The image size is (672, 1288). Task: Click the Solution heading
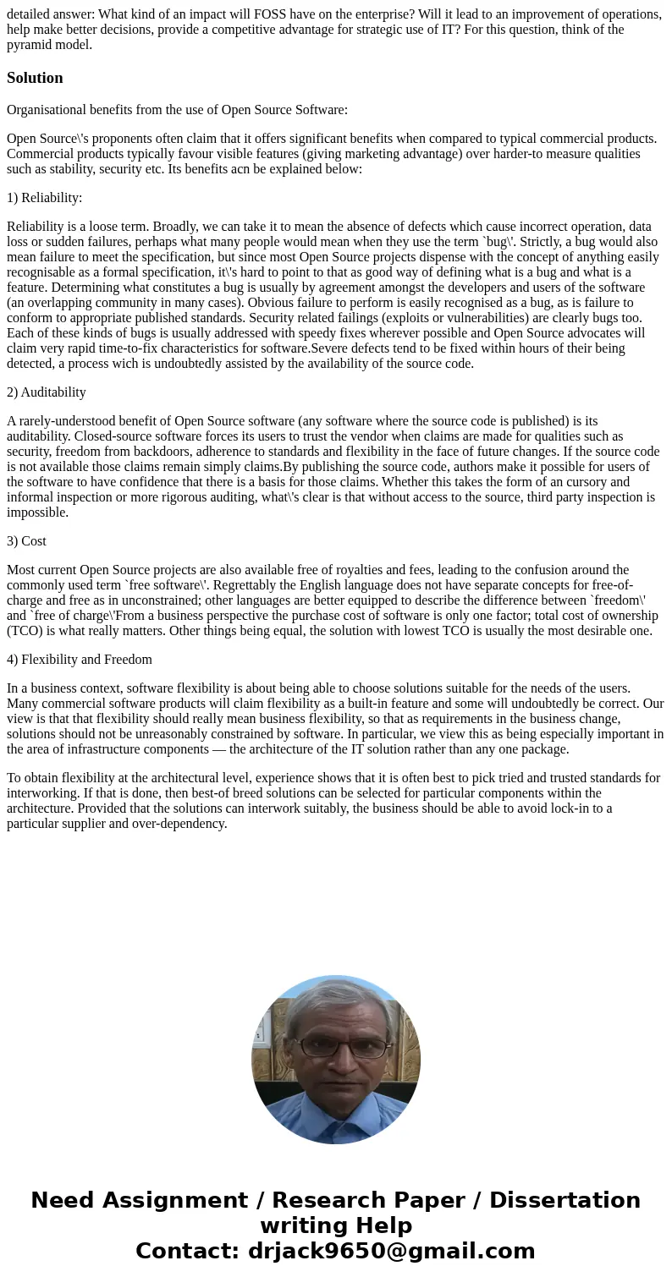pyautogui.click(x=35, y=78)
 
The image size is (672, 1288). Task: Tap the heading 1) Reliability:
pyautogui.click(x=44, y=198)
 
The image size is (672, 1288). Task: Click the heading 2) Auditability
pyautogui.click(x=47, y=392)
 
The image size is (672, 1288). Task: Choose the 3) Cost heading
pyautogui.click(x=26, y=541)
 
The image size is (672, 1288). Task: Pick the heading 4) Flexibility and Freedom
pyautogui.click(x=80, y=660)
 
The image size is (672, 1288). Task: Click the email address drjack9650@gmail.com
pyautogui.click(x=392, y=1252)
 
